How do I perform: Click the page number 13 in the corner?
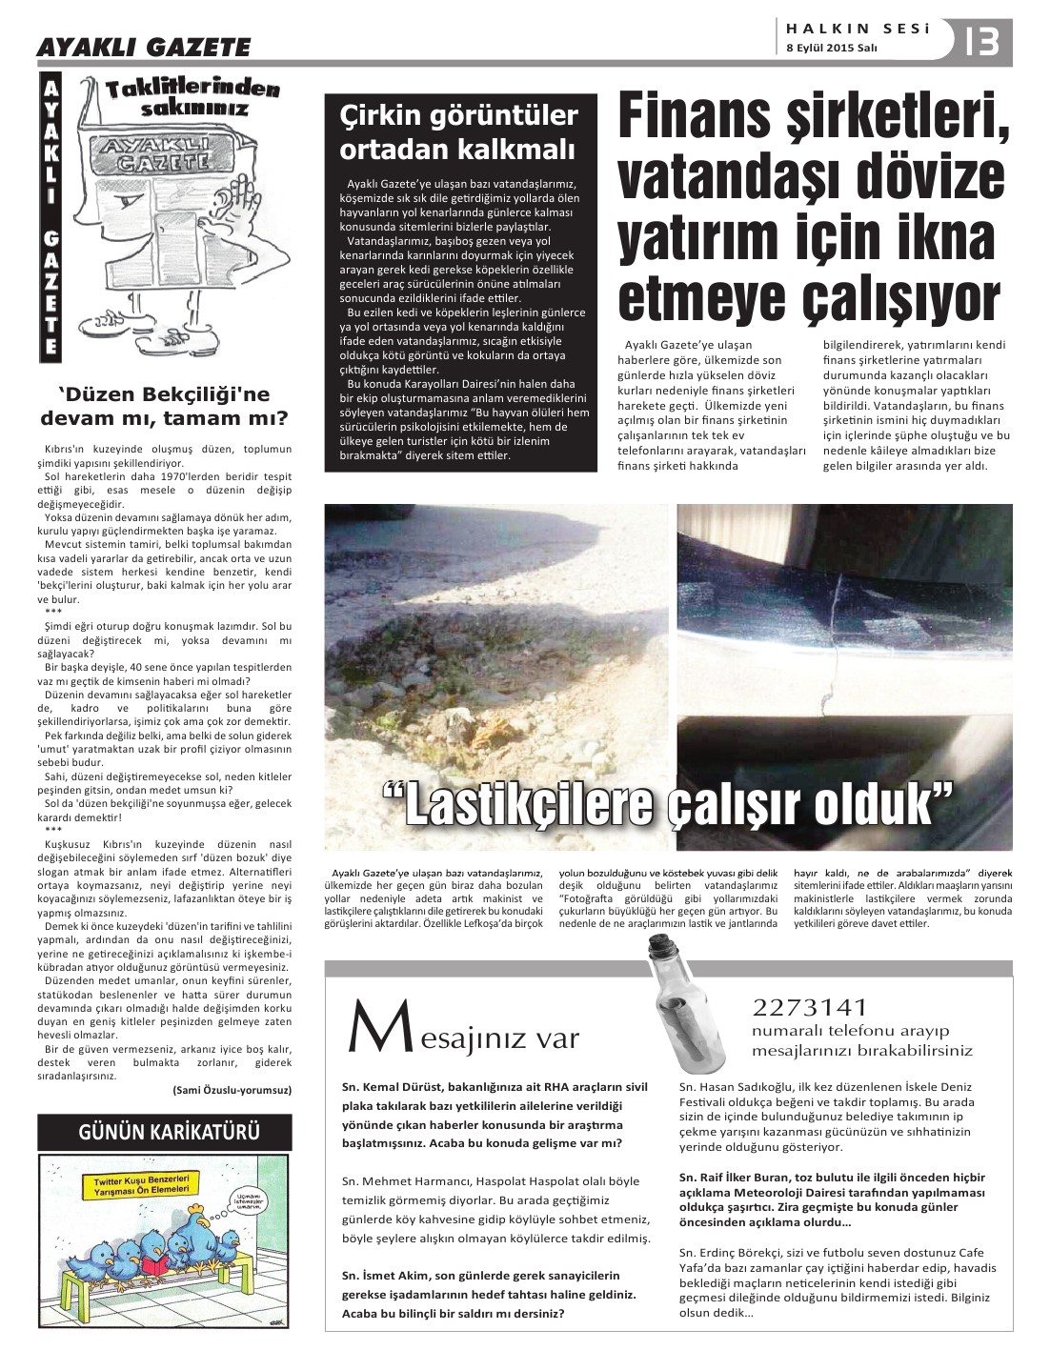[981, 41]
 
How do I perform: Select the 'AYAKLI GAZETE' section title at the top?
[143, 47]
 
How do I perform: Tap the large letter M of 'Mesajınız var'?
[367, 1032]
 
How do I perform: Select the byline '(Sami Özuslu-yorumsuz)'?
[232, 1090]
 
